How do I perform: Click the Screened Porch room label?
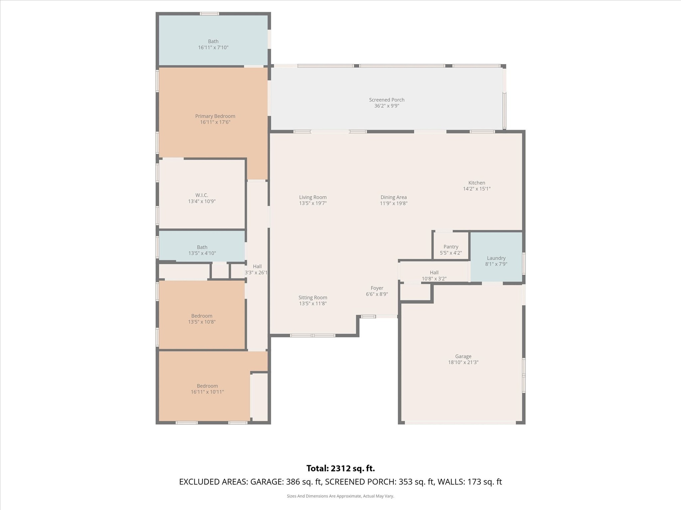pyautogui.click(x=387, y=100)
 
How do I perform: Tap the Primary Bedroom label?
pyautogui.click(x=215, y=116)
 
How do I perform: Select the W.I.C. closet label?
pyautogui.click(x=201, y=195)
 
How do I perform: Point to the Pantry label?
pyautogui.click(x=451, y=247)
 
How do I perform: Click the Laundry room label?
pyautogui.click(x=496, y=258)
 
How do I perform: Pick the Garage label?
pyautogui.click(x=463, y=356)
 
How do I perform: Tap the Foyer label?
pyautogui.click(x=377, y=288)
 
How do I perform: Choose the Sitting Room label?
pyautogui.click(x=313, y=297)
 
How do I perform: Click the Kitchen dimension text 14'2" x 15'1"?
pyautogui.click(x=477, y=189)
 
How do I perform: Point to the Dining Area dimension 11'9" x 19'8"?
pyautogui.click(x=394, y=203)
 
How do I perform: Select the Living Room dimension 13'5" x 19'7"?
pyautogui.click(x=313, y=203)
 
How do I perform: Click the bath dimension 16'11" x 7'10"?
pyautogui.click(x=213, y=47)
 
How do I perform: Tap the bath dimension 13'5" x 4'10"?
pyautogui.click(x=202, y=253)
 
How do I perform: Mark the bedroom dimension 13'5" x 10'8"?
pyautogui.click(x=202, y=322)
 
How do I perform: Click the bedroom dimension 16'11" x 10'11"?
pyautogui.click(x=207, y=392)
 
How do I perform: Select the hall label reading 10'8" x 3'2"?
pyautogui.click(x=434, y=279)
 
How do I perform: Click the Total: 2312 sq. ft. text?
pyautogui.click(x=340, y=468)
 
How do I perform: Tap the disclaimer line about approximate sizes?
pyautogui.click(x=340, y=496)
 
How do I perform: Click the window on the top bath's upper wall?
pyautogui.click(x=209, y=14)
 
